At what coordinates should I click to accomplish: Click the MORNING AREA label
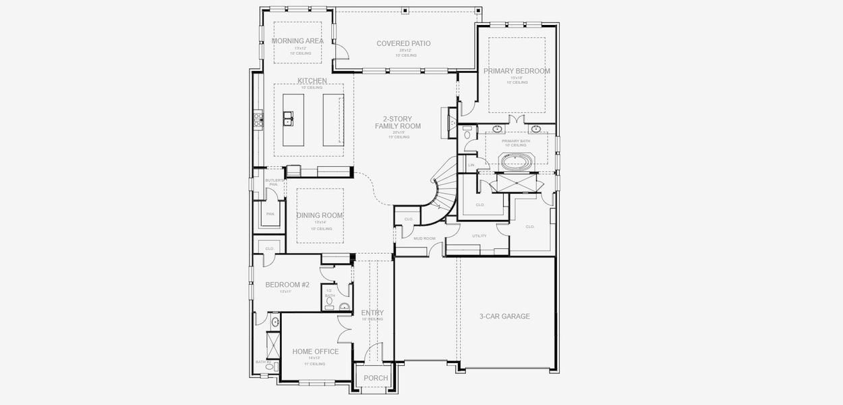[x=297, y=40]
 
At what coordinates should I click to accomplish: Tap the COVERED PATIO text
[x=403, y=44]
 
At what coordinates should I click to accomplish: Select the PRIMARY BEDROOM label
[x=517, y=71]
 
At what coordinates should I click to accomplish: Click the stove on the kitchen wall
[x=258, y=120]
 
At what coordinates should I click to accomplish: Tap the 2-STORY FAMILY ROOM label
[x=398, y=122]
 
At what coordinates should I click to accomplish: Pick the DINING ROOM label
[x=320, y=215]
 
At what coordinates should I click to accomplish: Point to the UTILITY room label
[x=479, y=236]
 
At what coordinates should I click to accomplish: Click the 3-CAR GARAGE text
[x=504, y=316]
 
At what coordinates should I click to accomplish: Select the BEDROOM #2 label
[x=287, y=285]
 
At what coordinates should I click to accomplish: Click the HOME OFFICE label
[x=316, y=352]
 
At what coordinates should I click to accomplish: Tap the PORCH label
[x=376, y=378]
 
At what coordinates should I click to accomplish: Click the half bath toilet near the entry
[x=330, y=302]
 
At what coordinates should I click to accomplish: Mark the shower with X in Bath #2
[x=274, y=346]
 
